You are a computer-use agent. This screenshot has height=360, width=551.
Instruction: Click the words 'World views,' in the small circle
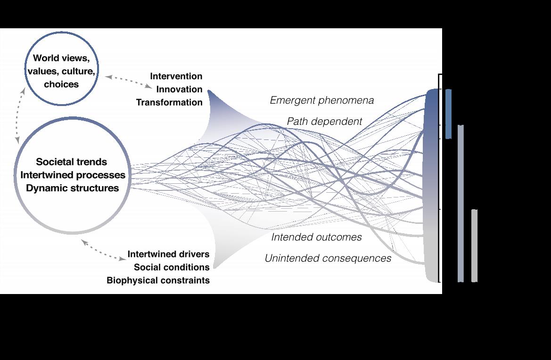[61, 58]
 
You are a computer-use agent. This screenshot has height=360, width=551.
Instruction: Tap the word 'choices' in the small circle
[61, 84]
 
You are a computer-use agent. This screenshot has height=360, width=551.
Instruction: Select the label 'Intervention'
[176, 76]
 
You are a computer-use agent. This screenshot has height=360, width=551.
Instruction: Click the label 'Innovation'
[179, 90]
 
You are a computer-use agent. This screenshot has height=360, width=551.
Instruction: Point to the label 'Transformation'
[169, 103]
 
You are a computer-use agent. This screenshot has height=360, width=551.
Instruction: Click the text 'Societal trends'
[72, 162]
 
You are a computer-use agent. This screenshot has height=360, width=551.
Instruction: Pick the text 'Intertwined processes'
[73, 175]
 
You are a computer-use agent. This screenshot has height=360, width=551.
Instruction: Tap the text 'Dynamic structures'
[72, 188]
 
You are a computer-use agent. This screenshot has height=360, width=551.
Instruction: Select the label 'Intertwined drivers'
[168, 254]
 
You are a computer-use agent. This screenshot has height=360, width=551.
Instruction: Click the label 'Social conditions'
[172, 267]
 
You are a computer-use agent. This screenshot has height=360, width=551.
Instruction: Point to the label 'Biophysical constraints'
[158, 280]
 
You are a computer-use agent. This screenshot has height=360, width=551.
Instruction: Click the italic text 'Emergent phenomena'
[322, 100]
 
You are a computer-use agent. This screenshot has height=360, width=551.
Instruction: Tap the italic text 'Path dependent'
[324, 122]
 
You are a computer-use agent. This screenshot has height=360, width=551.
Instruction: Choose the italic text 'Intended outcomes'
[316, 237]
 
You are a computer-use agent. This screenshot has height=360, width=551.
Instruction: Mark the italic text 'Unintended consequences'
[328, 258]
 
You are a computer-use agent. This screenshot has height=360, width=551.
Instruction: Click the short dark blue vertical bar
[448, 114]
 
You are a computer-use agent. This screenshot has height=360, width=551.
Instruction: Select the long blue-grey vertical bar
[461, 203]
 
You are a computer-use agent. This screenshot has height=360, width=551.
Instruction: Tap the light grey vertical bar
[474, 245]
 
